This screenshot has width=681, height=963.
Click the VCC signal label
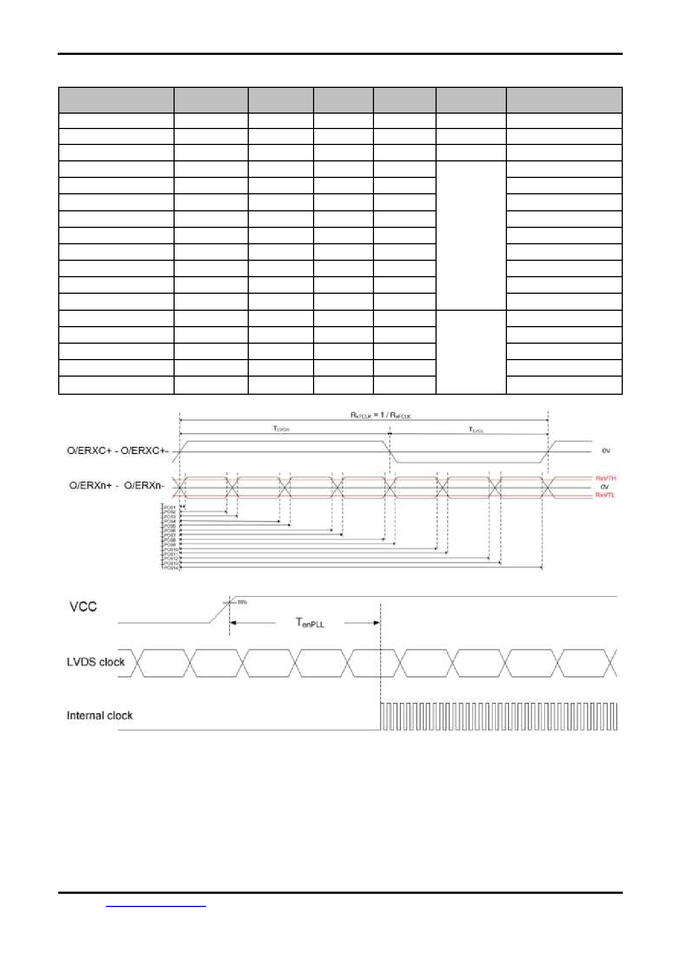83,607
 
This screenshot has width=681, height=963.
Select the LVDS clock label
96,662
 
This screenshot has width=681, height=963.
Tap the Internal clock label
99,715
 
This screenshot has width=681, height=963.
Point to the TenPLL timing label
310,623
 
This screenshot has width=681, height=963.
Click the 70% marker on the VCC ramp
242,602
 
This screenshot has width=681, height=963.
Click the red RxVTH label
606,479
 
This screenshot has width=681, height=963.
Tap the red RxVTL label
606,495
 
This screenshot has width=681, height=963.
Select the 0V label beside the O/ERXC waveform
606,451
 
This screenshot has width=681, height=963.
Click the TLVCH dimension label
281,429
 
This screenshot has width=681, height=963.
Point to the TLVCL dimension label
476,430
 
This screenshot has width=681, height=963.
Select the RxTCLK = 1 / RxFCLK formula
381,416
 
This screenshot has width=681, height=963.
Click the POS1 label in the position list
170,507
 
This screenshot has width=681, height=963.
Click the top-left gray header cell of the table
116,100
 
